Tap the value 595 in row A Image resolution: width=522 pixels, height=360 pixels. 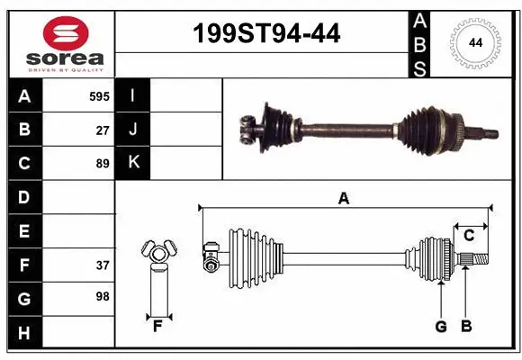[x=100, y=95]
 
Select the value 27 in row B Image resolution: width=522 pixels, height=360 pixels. [x=103, y=130]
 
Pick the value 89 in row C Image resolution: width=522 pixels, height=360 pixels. [x=103, y=164]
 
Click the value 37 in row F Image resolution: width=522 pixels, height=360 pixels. [x=103, y=265]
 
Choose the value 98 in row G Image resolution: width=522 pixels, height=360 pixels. [x=103, y=296]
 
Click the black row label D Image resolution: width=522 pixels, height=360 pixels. [x=24, y=197]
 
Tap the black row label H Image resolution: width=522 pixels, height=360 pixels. [x=24, y=333]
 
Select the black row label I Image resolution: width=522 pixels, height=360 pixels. [x=133, y=95]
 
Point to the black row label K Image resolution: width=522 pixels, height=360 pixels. [x=133, y=163]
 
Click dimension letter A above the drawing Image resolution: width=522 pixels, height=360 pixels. [x=343, y=199]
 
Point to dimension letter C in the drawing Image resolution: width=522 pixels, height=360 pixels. [x=469, y=236]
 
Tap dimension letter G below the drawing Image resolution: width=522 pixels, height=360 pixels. [x=441, y=327]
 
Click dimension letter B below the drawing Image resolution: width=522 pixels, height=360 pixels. [x=465, y=327]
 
